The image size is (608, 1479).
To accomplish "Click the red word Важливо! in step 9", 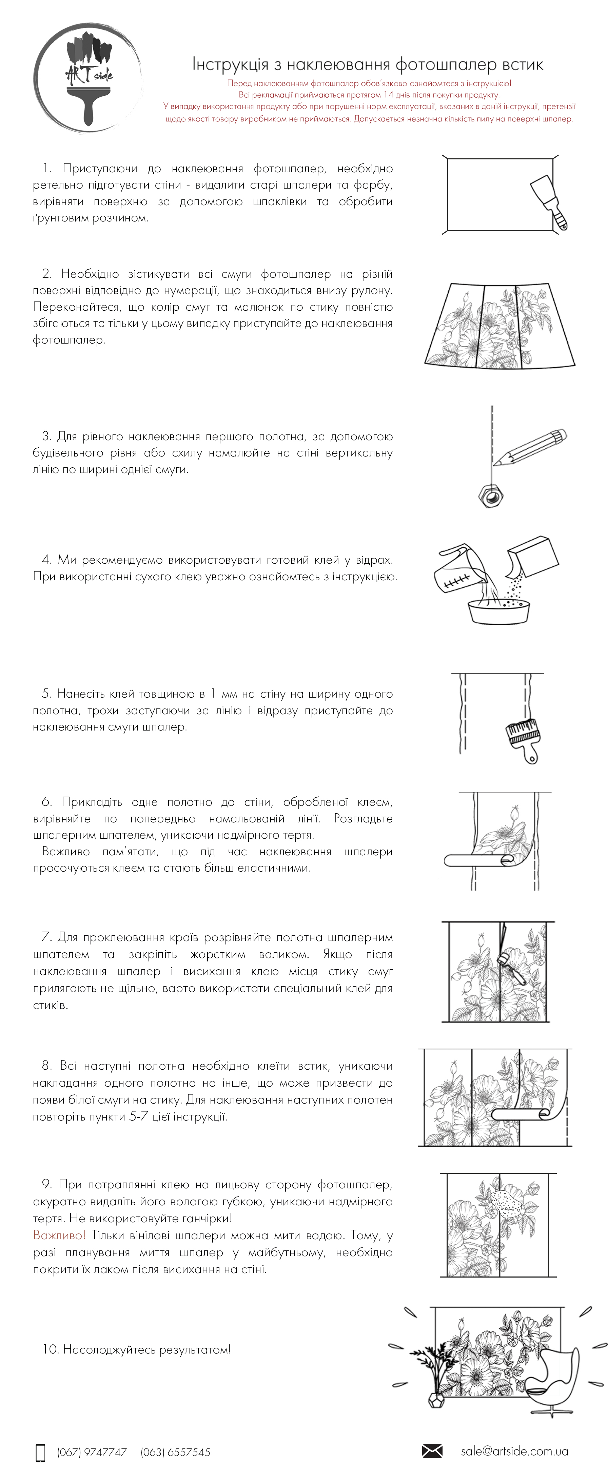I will click(x=59, y=1235).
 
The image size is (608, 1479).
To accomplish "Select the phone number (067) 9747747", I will click(x=92, y=1452).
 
